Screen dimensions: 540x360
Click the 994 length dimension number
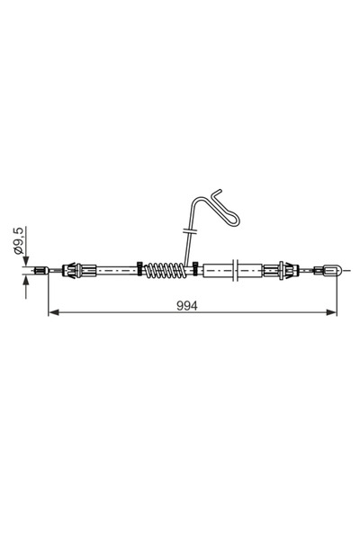coord(186,305)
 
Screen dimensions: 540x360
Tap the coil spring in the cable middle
coord(167,269)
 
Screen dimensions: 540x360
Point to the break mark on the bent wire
coord(186,232)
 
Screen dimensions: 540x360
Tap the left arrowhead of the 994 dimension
coord(52,312)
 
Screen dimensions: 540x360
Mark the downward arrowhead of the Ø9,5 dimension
coord(26,260)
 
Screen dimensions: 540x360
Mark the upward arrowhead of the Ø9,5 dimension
coord(26,278)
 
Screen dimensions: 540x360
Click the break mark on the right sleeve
coord(236,268)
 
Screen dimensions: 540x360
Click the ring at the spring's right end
coord(193,268)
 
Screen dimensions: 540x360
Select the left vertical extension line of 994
coord(48,292)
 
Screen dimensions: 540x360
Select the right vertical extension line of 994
coord(337,292)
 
